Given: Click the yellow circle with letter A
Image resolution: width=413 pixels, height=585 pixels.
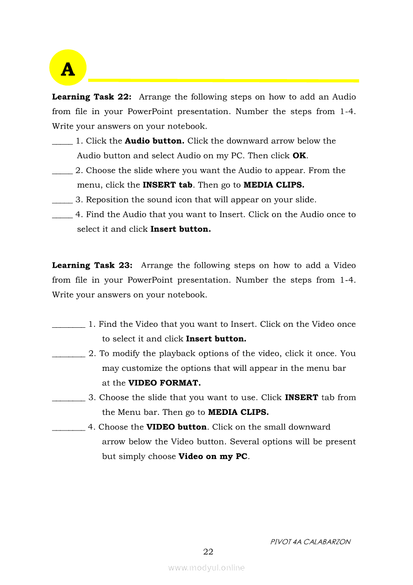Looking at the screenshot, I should [x=68, y=68].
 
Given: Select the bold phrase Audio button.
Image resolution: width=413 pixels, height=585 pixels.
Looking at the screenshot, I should [x=154, y=141].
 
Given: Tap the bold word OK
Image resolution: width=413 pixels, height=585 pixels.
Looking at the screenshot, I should [x=299, y=156].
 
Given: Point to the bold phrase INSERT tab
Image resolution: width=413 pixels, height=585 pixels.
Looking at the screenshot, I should [x=167, y=185].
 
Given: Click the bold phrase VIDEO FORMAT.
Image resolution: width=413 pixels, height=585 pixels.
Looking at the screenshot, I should [x=164, y=383].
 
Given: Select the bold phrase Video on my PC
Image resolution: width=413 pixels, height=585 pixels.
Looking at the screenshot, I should [x=213, y=456].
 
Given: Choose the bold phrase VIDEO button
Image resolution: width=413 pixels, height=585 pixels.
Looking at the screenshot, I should [x=176, y=427].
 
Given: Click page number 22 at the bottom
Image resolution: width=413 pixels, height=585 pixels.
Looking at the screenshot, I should [x=208, y=552].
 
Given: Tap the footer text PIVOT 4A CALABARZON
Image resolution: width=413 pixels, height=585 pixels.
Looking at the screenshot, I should [x=310, y=541].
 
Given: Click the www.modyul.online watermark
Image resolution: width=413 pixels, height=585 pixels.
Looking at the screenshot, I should [x=206, y=567].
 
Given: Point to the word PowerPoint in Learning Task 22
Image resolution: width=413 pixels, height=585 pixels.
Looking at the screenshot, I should [x=149, y=112].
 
